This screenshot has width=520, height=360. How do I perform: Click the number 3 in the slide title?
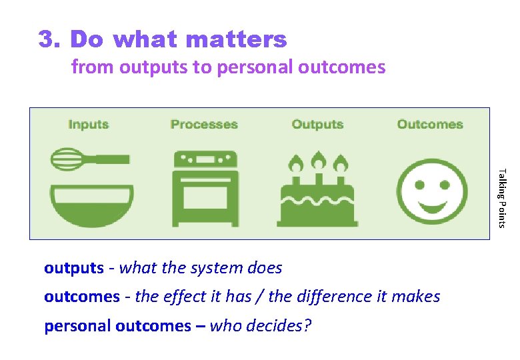click(x=47, y=40)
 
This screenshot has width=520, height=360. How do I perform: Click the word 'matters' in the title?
click(x=237, y=40)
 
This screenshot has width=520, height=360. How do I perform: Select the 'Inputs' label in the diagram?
click(x=88, y=124)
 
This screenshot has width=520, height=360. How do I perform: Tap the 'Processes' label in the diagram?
click(x=204, y=124)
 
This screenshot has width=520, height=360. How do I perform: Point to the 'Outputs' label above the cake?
click(x=317, y=124)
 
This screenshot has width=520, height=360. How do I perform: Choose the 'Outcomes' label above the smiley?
click(x=430, y=124)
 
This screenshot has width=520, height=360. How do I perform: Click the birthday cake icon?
click(x=318, y=197)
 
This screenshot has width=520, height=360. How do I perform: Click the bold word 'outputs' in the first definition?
click(x=74, y=268)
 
